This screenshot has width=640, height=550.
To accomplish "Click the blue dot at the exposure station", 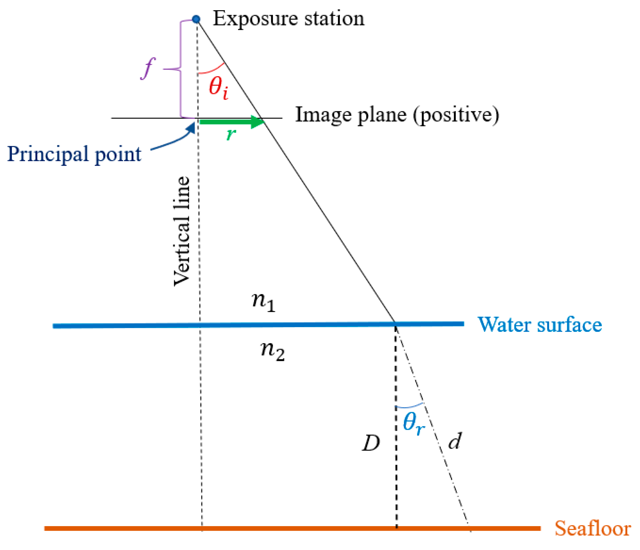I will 196,19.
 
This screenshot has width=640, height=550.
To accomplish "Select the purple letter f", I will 148,69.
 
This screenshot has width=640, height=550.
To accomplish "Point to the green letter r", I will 231,135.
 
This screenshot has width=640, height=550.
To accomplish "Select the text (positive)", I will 456,115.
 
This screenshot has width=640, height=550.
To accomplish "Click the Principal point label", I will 74,154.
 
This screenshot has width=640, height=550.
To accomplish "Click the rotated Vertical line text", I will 182,231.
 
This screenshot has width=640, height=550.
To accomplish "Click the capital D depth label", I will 371,443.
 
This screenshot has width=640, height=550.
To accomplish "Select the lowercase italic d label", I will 455,441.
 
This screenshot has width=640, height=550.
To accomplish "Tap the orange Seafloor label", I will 593,528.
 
